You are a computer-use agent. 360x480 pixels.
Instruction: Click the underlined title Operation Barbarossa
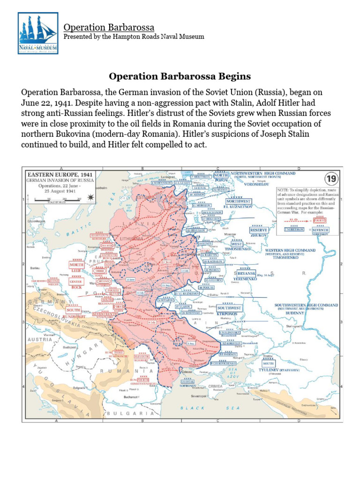[x=109, y=28]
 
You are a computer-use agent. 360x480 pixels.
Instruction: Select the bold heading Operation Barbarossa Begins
[x=180, y=76]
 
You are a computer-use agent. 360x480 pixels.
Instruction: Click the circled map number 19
[x=331, y=178]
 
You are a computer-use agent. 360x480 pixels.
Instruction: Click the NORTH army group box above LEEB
[x=77, y=265]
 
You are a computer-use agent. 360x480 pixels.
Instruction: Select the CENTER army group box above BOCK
[x=76, y=282]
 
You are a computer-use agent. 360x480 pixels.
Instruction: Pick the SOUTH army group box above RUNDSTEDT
[x=73, y=310]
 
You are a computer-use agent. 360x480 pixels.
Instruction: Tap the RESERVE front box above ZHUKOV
[x=259, y=230]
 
